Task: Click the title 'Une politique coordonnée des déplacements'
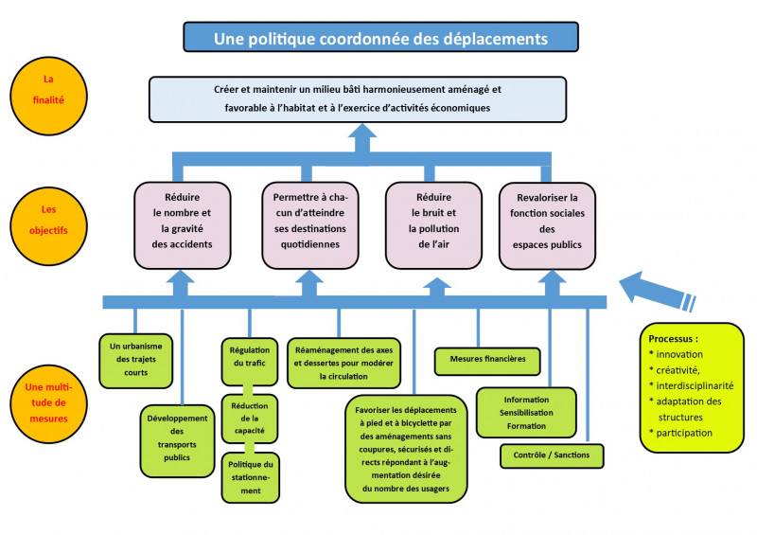380,38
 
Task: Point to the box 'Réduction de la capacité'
251,417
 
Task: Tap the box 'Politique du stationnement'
251,477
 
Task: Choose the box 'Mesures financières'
487,360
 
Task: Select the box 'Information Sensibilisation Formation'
526,413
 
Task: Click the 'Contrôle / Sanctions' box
551,455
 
